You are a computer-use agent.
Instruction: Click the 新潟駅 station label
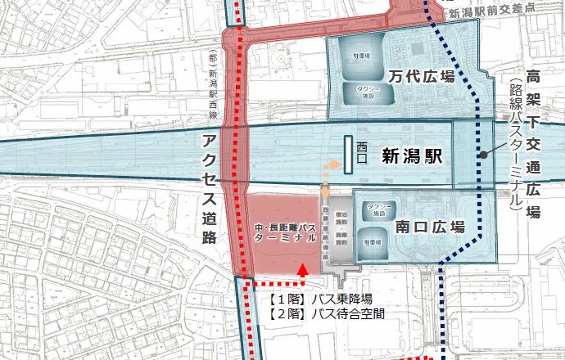pos(412,158)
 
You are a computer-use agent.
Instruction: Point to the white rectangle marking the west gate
pos(348,154)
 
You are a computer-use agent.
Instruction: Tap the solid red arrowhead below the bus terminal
pos(304,268)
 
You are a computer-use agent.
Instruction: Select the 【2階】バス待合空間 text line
pos(326,313)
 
